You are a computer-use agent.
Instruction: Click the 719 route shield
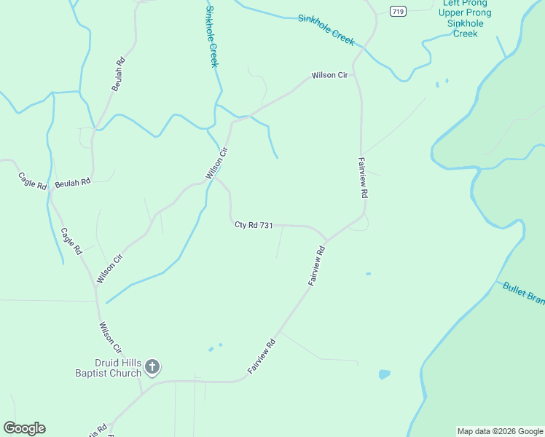(397, 11)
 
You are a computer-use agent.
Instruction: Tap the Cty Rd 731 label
(254, 225)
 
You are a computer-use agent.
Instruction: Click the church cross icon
(152, 366)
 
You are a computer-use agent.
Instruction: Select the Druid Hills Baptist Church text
(117, 369)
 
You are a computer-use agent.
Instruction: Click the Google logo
(24, 428)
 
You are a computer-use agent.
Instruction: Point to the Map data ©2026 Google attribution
(500, 431)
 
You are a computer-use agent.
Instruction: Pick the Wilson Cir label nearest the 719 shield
(330, 75)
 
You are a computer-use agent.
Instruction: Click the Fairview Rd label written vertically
(362, 178)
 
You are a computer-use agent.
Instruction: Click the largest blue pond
(384, 374)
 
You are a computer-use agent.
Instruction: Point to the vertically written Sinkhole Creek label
(212, 36)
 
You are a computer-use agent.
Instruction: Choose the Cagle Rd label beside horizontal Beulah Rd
(33, 181)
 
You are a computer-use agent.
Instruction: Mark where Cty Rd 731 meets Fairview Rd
(326, 240)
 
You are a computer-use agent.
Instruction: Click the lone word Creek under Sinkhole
(466, 34)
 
